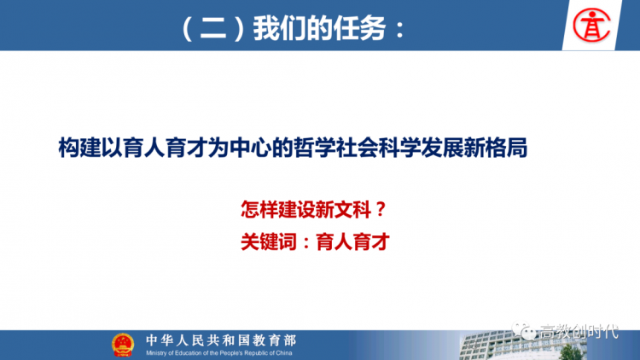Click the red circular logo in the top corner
[x=591, y=25]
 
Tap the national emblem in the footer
[x=123, y=345]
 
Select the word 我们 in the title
[x=280, y=28]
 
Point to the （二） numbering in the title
[x=213, y=28]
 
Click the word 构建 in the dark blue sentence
[x=79, y=148]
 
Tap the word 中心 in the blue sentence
[x=250, y=148]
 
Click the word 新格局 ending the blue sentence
[x=496, y=148]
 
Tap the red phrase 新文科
[x=343, y=210]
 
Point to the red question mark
[x=381, y=210]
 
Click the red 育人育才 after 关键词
[x=352, y=241]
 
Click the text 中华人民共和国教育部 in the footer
[x=221, y=340]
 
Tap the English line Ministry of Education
[x=219, y=353]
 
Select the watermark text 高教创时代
[x=579, y=332]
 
